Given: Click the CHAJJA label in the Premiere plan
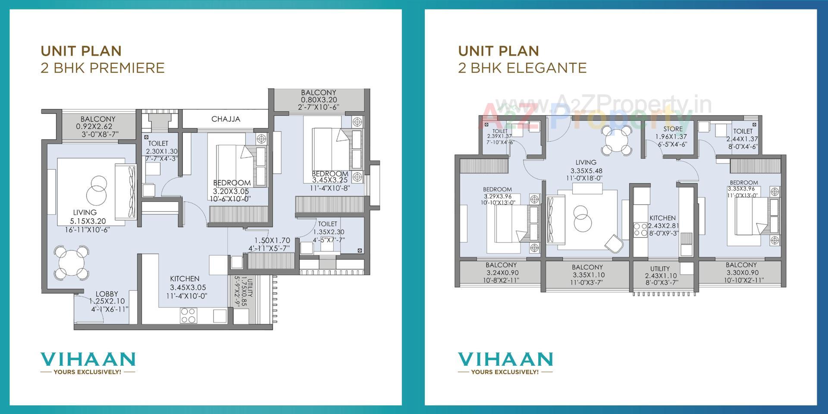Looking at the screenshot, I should (226, 119).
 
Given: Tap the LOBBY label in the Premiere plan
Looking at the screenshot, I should (107, 294).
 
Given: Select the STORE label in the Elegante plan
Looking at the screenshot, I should (673, 129).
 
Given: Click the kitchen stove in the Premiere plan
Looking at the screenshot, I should (188, 315).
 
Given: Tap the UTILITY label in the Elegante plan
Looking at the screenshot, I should (660, 269).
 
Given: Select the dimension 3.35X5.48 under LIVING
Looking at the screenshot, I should (586, 171).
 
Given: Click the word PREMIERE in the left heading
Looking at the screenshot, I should (128, 68).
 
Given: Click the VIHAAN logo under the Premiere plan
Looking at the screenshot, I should (88, 359).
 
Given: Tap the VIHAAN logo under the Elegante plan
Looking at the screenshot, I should (505, 359).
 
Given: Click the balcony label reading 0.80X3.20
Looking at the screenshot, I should (319, 100).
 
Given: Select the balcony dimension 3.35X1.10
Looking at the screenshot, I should (589, 275).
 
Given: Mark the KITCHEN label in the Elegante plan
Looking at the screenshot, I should (662, 218).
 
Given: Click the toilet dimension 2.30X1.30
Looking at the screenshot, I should (161, 151).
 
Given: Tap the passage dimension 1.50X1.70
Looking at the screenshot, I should (272, 241).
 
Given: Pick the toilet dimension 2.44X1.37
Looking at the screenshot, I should (742, 139).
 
